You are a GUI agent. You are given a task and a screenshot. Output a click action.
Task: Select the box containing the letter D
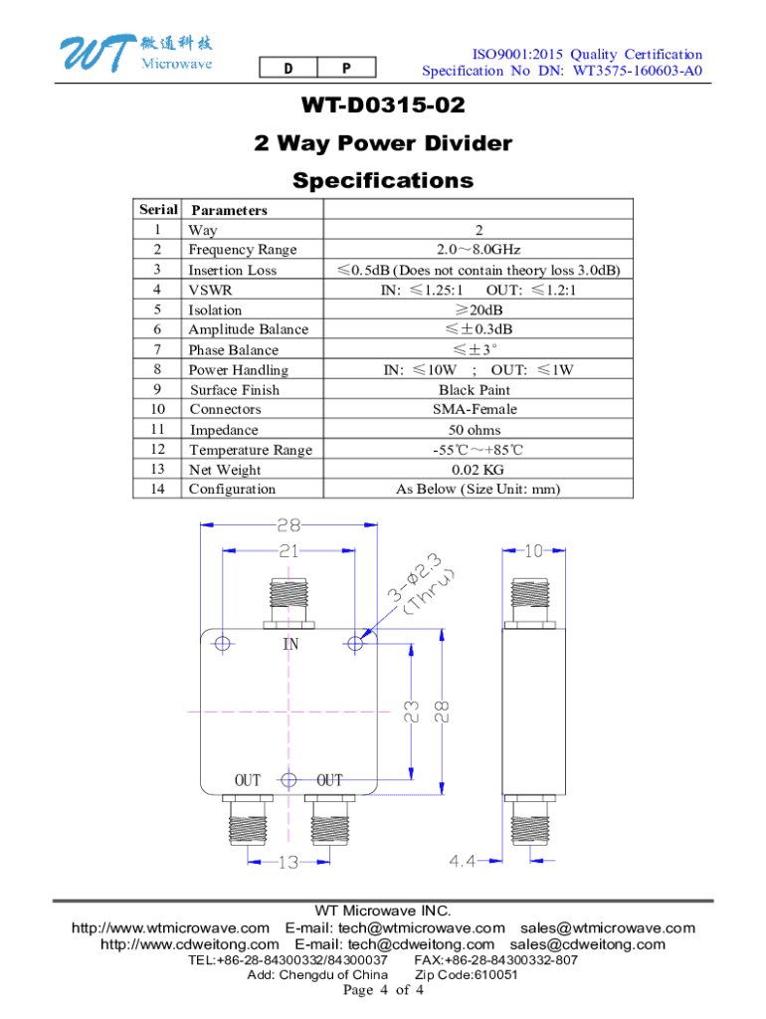287,69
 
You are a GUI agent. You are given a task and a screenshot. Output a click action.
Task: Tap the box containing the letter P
346,69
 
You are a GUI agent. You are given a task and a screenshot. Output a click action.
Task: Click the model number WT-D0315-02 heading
383,105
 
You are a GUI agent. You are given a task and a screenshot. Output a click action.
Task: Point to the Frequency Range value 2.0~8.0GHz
479,250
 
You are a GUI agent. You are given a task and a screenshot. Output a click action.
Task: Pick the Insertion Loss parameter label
233,270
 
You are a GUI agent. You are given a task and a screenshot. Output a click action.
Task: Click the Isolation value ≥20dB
479,309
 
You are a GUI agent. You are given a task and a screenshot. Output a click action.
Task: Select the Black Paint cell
479,390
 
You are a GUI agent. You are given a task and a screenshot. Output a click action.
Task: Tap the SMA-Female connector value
479,410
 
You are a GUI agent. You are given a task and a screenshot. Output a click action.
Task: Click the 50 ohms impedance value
479,430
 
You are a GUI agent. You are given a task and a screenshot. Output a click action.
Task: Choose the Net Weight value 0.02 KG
479,470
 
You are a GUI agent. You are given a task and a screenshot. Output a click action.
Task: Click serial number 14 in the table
157,490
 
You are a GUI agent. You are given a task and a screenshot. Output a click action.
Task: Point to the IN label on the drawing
290,645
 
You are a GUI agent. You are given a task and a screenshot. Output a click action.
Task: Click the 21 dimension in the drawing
289,550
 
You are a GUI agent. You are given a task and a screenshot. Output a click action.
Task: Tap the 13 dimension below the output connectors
287,863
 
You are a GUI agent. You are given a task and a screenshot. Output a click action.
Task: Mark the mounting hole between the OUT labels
288,780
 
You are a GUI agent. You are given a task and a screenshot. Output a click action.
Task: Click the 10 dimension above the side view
532,550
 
